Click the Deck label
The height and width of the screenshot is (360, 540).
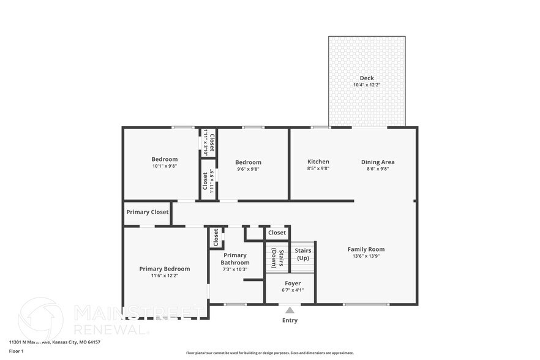point(367,78)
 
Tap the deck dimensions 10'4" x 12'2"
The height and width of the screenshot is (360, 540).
point(367,85)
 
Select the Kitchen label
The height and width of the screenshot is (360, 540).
point(318,162)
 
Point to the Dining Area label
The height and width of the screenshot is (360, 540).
point(377,162)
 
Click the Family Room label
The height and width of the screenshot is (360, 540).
point(366,249)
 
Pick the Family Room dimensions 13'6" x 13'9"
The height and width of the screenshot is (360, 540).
point(366,257)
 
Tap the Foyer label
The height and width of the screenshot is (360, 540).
point(292,283)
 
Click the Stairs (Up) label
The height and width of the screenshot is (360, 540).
point(303,254)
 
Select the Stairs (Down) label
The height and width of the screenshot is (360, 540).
point(277,258)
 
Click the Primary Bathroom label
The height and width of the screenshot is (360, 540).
point(234,259)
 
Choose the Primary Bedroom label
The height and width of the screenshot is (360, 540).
point(164,269)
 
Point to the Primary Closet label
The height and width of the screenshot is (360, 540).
point(147,212)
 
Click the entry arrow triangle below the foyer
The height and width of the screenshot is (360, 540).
point(290,310)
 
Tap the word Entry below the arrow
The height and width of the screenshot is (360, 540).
point(290,320)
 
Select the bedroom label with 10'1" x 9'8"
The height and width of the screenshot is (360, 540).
point(165,159)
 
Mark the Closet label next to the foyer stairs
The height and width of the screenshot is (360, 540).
point(277,233)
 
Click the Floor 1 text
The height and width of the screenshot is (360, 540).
point(16,351)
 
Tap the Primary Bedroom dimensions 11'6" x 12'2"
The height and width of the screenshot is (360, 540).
point(164,276)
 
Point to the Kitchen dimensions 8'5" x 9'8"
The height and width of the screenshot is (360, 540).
point(318,169)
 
